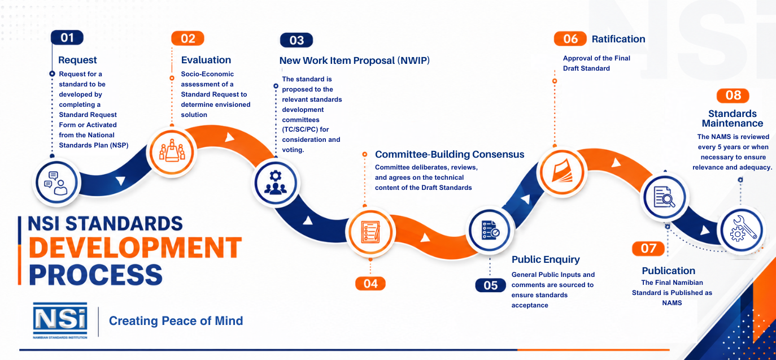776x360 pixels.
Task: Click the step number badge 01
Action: coord(67,37)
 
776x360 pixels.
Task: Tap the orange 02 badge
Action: coord(188,38)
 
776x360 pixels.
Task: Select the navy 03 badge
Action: coord(297,40)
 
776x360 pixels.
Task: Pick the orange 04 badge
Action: coord(370,284)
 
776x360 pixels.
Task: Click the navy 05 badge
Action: coord(491,285)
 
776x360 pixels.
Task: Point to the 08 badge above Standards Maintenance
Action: coord(733,96)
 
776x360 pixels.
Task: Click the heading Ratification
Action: coord(618,39)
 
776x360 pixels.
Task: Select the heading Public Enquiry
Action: coord(546,259)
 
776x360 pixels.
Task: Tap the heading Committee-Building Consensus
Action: coord(450,154)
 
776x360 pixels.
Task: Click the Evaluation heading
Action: coord(206,60)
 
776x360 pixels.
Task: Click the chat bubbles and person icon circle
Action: coord(57,183)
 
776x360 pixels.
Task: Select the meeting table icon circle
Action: coord(172,152)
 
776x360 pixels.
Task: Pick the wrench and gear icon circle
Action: coord(742,231)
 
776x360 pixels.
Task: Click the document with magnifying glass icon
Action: coord(664,197)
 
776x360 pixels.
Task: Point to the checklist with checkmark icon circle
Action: coord(490,231)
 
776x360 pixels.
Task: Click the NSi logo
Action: coord(60,320)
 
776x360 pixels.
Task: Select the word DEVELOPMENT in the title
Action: coord(136,248)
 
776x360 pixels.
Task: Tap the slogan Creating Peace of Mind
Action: coord(176,321)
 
